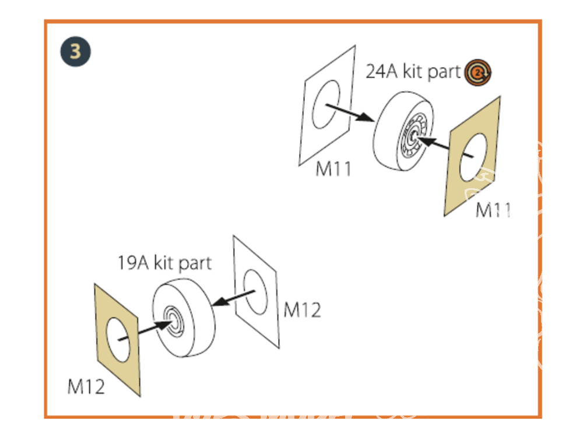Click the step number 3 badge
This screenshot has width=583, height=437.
click(x=75, y=52)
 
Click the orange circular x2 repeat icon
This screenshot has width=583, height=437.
click(x=478, y=72)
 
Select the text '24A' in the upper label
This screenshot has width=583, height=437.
click(x=381, y=71)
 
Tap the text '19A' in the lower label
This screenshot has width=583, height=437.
click(x=133, y=263)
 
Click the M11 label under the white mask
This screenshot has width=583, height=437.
click(x=333, y=169)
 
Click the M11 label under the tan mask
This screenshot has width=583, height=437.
click(x=493, y=210)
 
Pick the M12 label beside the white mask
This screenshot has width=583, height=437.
click(x=302, y=309)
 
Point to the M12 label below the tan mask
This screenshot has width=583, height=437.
click(x=86, y=386)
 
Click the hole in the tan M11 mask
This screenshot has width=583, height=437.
click(x=473, y=157)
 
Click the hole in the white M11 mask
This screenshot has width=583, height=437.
click(x=326, y=104)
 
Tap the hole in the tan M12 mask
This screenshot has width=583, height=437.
click(x=118, y=340)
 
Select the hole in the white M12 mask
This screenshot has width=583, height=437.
click(x=255, y=292)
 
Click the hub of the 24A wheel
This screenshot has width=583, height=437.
click(x=413, y=137)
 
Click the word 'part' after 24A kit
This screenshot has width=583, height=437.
click(x=444, y=72)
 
